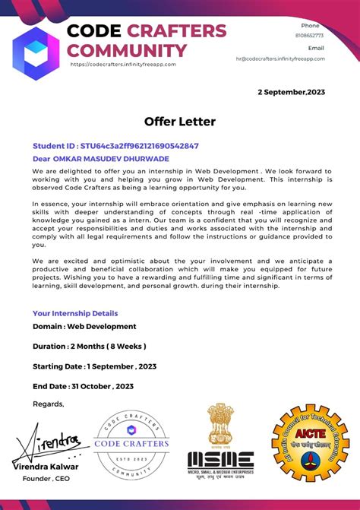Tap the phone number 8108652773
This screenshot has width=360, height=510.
coord(309,35)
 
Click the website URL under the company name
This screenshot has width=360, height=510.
coord(123,65)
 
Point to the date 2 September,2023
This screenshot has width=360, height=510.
coord(291,92)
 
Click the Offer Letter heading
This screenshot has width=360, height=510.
coord(180,122)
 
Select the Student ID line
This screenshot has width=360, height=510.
coord(115,145)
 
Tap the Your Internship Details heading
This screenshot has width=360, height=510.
coord(75,313)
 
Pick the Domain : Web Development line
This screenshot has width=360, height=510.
coord(84,326)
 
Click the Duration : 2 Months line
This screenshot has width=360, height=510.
coord(89,346)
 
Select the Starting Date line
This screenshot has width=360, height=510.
coord(94,366)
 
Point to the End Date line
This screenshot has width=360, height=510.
coord(83,385)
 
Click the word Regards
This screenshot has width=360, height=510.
coord(49,404)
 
